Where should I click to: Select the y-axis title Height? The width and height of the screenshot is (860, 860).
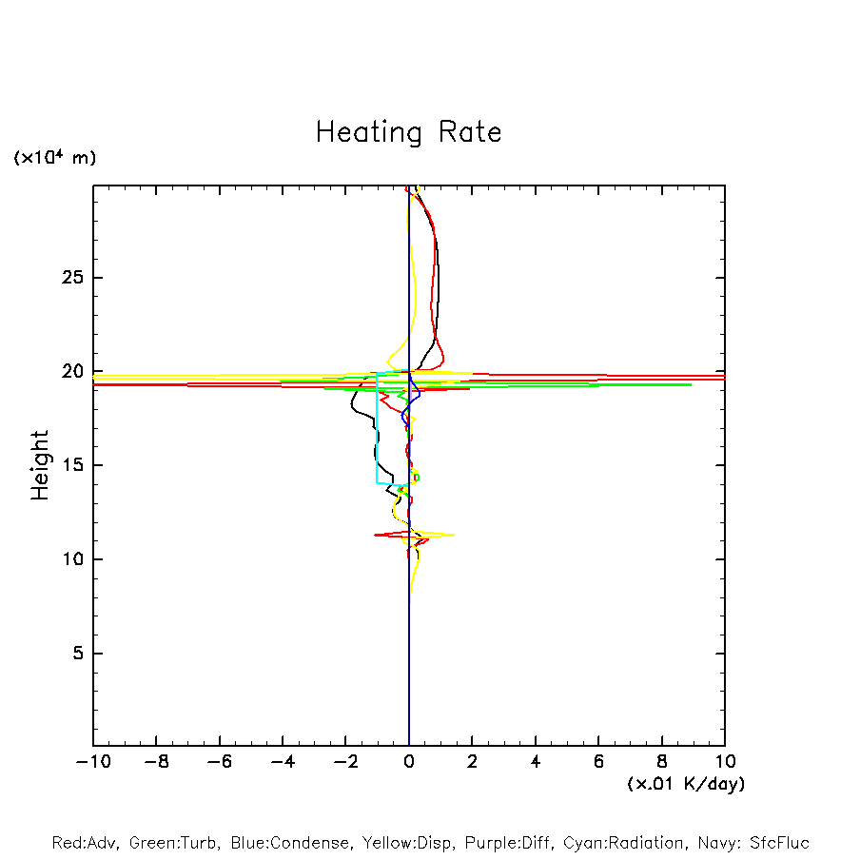(40, 465)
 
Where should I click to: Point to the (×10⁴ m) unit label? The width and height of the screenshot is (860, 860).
(55, 158)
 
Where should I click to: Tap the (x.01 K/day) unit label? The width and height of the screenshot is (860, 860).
(685, 784)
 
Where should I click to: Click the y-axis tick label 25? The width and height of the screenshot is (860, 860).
(73, 278)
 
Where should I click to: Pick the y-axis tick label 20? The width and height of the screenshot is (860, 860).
(73, 371)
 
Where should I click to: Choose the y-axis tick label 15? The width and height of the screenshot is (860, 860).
(73, 465)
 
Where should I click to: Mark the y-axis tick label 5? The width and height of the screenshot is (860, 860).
(79, 654)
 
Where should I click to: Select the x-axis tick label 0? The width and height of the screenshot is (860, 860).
(409, 761)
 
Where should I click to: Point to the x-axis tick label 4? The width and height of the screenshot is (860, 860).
(536, 761)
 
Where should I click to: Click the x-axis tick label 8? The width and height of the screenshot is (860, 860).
(662, 761)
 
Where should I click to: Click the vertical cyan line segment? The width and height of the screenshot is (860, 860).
(377, 428)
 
